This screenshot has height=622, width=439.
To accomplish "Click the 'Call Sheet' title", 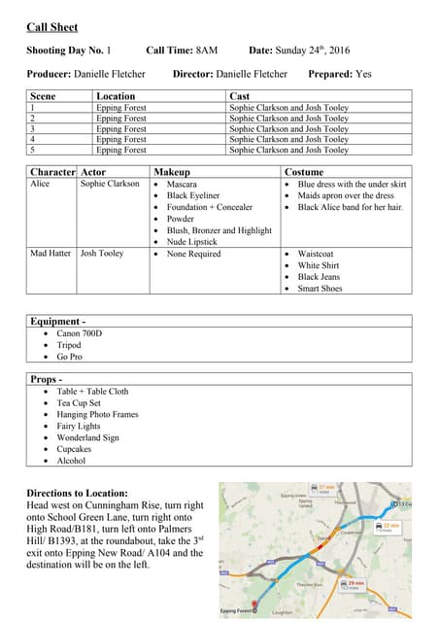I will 52,27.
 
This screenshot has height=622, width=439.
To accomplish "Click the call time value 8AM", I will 207,50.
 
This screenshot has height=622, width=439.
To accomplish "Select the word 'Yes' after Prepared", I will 363,74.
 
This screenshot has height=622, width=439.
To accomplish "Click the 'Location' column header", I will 116,96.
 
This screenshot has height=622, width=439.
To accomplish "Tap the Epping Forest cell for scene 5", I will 120,151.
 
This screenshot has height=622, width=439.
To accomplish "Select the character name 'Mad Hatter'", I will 51,254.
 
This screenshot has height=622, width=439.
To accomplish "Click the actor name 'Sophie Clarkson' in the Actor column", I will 110,184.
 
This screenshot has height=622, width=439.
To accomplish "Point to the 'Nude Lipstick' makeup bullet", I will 191,242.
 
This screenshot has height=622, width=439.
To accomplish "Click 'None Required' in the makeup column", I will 193,254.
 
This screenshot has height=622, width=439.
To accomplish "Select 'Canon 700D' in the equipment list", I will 80,333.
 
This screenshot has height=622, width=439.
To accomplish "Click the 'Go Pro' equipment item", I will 71,357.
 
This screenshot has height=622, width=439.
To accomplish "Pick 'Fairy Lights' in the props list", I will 78,426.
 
